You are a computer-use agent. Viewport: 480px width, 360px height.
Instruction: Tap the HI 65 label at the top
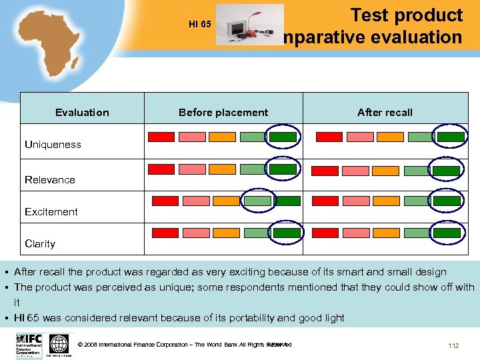[199, 25]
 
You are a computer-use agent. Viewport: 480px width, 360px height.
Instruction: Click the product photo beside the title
[249, 25]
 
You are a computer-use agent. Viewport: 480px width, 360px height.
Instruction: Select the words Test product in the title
[406, 15]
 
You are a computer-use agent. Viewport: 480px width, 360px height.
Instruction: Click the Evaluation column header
[82, 112]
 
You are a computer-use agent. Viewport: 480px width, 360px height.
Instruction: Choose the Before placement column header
[223, 112]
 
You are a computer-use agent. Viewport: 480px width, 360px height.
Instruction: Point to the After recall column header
[385, 112]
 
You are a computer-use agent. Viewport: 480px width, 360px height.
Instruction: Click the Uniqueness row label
[53, 145]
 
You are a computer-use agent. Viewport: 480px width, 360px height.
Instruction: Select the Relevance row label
[50, 179]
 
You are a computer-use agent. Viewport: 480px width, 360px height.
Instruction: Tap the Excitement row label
[51, 211]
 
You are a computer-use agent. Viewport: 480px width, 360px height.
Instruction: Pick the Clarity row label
[40, 243]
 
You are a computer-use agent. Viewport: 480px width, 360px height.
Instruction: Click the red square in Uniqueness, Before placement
[161, 137]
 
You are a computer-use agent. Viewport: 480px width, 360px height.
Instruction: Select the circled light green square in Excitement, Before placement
[257, 201]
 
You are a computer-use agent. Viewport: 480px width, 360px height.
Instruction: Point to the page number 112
[453, 345]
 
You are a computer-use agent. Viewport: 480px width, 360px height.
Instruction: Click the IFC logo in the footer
[29, 345]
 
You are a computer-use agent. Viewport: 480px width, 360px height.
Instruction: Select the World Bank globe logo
[59, 345]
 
